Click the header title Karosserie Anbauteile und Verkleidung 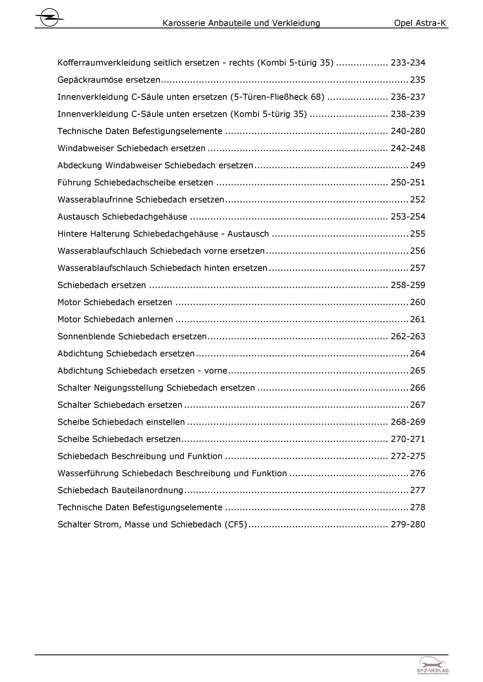(241, 23)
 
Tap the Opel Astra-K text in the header (420, 23)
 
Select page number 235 (418, 80)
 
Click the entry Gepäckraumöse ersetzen (109, 80)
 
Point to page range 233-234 (408, 63)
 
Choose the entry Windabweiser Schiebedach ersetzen (131, 148)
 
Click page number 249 (418, 165)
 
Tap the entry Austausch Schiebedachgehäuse (122, 217)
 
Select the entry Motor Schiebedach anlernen (115, 319)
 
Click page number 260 (418, 302)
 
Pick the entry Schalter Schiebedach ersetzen (120, 405)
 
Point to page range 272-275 (408, 456)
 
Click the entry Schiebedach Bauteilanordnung (120, 490)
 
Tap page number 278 (418, 507)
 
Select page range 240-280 (408, 131)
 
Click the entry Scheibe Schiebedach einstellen (121, 422)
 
